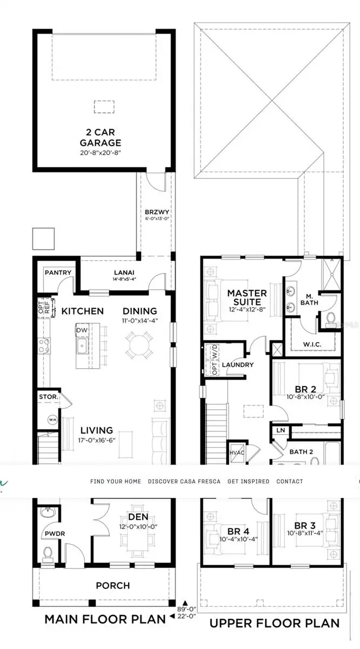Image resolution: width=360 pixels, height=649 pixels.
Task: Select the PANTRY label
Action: coord(58,273)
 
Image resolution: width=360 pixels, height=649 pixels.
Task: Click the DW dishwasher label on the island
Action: coord(82,330)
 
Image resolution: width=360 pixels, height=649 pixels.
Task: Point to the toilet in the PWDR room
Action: coord(47,553)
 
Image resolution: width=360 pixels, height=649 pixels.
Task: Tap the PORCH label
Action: coord(112,585)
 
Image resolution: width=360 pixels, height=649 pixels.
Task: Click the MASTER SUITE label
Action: coord(246,297)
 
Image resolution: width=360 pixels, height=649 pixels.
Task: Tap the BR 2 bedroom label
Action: coord(305,389)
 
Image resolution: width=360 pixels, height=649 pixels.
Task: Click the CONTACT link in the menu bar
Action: coord(290,481)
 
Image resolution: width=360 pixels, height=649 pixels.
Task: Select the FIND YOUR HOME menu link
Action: coord(116,481)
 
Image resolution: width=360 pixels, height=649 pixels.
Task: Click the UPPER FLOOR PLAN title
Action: coord(275,623)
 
